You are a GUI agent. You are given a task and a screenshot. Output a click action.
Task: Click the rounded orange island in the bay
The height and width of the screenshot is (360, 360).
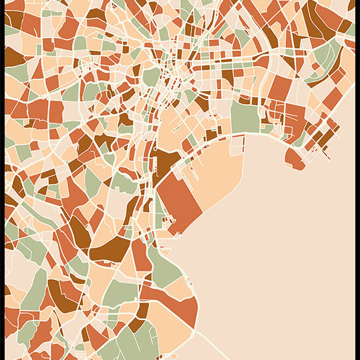pos(294,159)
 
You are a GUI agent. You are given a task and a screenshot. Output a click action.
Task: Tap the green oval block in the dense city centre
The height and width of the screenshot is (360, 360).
pos(152,76)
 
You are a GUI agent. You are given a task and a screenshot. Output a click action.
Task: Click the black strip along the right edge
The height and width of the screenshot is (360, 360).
pos(357,180)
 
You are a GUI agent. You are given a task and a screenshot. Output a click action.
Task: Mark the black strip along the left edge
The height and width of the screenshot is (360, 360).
pos(2,180)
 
